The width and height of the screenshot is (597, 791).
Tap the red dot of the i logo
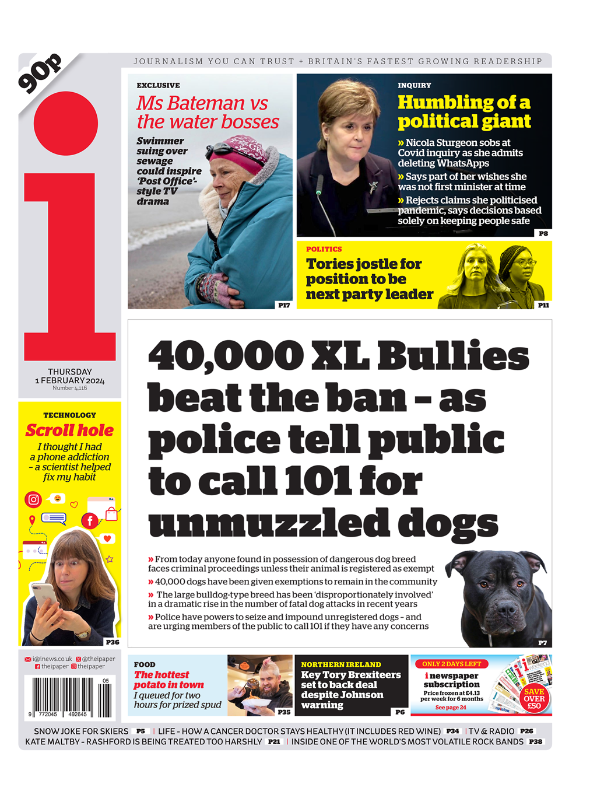(x=66, y=123)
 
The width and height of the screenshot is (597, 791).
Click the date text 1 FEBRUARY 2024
(x=70, y=380)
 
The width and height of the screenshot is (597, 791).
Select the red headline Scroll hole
(x=69, y=430)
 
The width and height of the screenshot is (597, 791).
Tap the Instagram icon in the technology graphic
(x=34, y=499)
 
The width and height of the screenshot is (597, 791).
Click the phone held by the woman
(x=45, y=596)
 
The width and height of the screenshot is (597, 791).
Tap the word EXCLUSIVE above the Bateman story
(x=158, y=85)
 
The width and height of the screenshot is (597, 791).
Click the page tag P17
(x=284, y=305)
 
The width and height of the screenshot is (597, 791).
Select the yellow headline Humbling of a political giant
(x=464, y=111)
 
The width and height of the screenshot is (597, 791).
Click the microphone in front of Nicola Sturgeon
(x=319, y=187)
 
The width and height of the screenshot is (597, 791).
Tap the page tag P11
(x=543, y=305)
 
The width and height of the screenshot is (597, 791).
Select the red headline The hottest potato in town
(x=168, y=680)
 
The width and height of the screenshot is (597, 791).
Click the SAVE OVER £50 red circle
(x=533, y=698)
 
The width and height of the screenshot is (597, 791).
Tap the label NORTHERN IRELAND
(x=341, y=664)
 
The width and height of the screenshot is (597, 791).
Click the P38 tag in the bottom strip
(x=535, y=741)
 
